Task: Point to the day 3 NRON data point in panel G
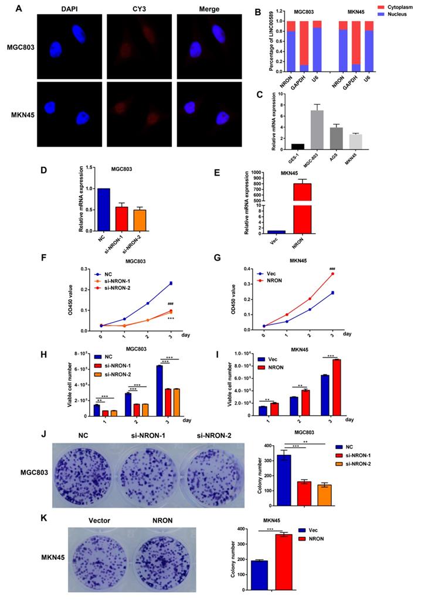332,273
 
